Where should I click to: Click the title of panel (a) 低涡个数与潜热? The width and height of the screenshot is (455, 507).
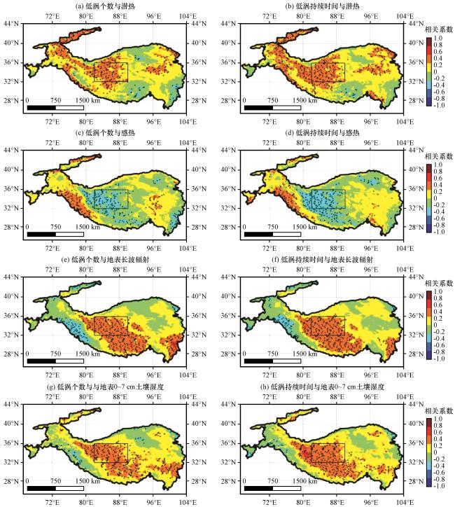(x=105, y=6)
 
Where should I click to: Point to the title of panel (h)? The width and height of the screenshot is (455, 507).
(x=323, y=387)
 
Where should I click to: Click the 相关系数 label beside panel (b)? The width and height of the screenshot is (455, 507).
(x=438, y=29)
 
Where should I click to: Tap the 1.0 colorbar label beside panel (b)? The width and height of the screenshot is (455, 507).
(x=437, y=38)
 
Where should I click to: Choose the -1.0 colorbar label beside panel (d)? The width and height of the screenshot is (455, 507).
(x=438, y=232)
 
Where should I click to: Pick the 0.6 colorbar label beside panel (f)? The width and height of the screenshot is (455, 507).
(x=437, y=305)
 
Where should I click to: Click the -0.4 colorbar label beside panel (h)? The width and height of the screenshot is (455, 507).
(x=438, y=466)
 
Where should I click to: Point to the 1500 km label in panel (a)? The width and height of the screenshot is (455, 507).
(x=88, y=100)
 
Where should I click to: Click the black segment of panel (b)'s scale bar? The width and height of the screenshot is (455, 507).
(x=258, y=108)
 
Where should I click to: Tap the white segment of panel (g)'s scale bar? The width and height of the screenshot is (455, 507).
(x=70, y=488)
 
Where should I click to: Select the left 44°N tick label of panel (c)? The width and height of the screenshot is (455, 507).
(x=11, y=150)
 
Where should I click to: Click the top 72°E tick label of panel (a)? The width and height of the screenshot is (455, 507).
(x=52, y=16)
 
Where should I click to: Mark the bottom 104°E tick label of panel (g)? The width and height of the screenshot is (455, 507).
(x=188, y=503)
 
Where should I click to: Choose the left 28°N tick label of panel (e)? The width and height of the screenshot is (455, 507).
(x=11, y=354)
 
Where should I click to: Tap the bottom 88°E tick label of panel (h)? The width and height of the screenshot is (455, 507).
(x=337, y=503)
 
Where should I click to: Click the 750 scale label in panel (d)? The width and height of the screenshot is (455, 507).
(x=273, y=227)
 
